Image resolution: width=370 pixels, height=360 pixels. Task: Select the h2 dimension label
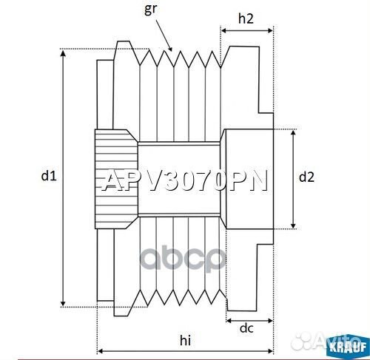(x=247, y=20)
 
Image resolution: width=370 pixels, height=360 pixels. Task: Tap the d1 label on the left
(x=48, y=176)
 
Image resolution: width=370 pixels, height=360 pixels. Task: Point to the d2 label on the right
(x=306, y=177)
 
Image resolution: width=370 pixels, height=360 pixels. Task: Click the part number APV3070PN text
(x=184, y=182)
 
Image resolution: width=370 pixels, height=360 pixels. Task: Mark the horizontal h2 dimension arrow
(x=247, y=32)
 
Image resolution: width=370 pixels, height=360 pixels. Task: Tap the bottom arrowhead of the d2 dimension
(x=295, y=225)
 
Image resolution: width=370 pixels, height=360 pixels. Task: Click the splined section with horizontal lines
(x=114, y=177)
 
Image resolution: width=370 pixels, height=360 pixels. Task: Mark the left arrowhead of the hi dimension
(x=101, y=350)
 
